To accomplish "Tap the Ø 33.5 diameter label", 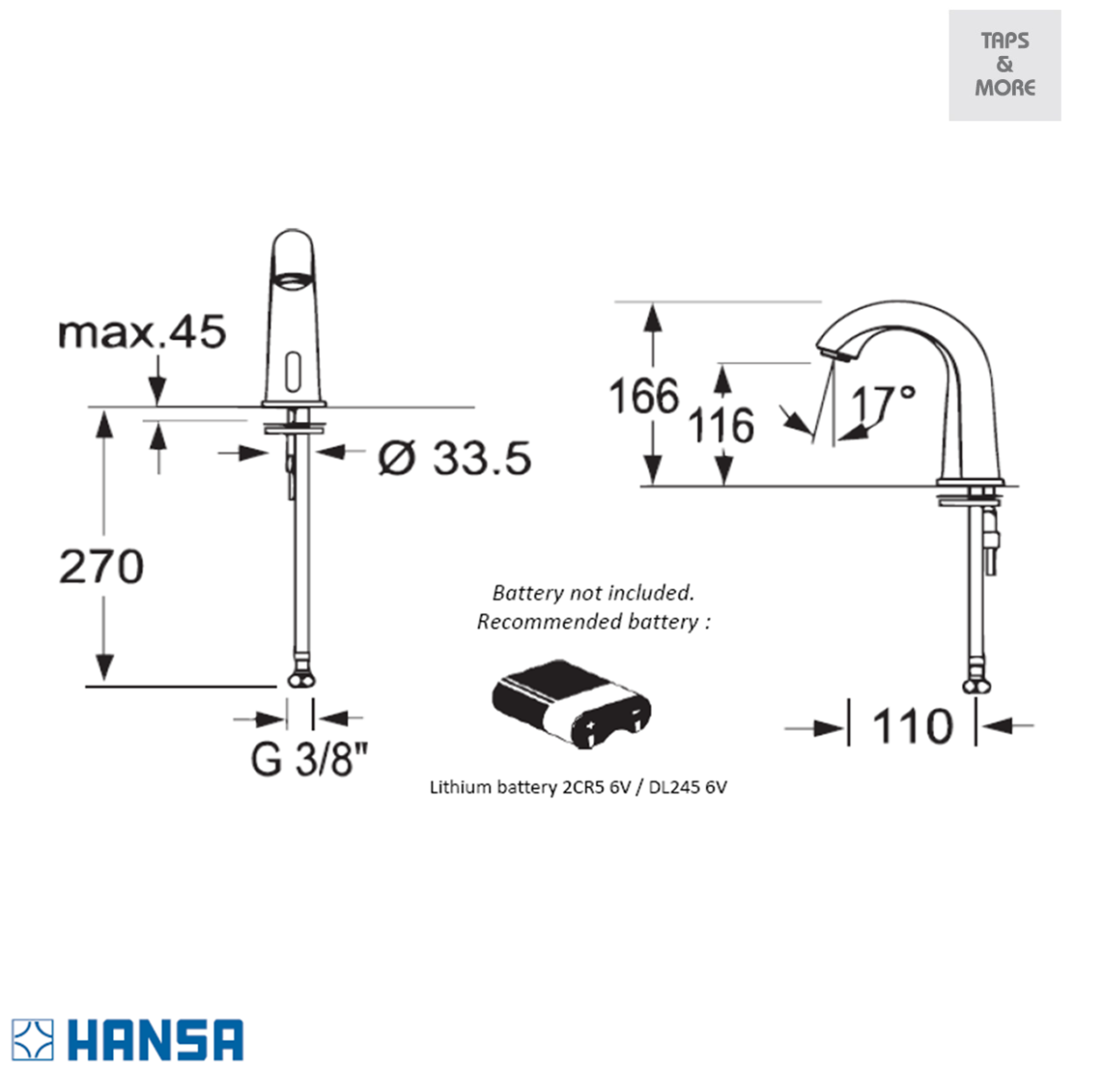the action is click(455, 458).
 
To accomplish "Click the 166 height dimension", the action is click(644, 395).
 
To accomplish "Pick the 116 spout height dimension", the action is click(721, 425).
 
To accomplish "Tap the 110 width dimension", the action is click(913, 725).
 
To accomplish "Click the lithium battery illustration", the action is click(571, 703).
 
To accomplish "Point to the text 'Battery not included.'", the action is click(594, 592).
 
